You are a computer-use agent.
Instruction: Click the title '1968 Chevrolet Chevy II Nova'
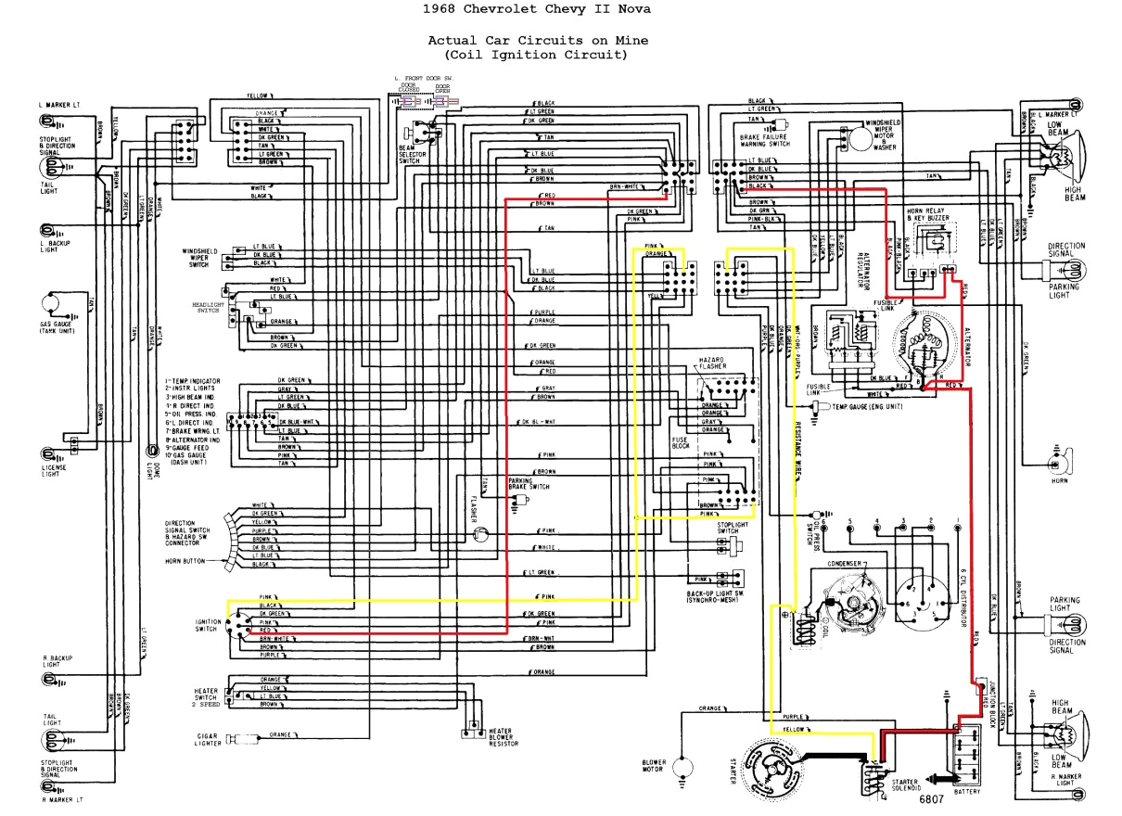click(537, 9)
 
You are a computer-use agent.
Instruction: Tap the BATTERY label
click(965, 791)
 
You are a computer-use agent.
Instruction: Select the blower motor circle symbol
click(685, 767)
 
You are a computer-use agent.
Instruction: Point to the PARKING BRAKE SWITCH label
click(529, 483)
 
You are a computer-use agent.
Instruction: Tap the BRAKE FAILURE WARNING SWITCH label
click(765, 140)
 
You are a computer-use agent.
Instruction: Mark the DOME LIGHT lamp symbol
click(150, 451)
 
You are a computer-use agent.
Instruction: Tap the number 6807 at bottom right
click(933, 798)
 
